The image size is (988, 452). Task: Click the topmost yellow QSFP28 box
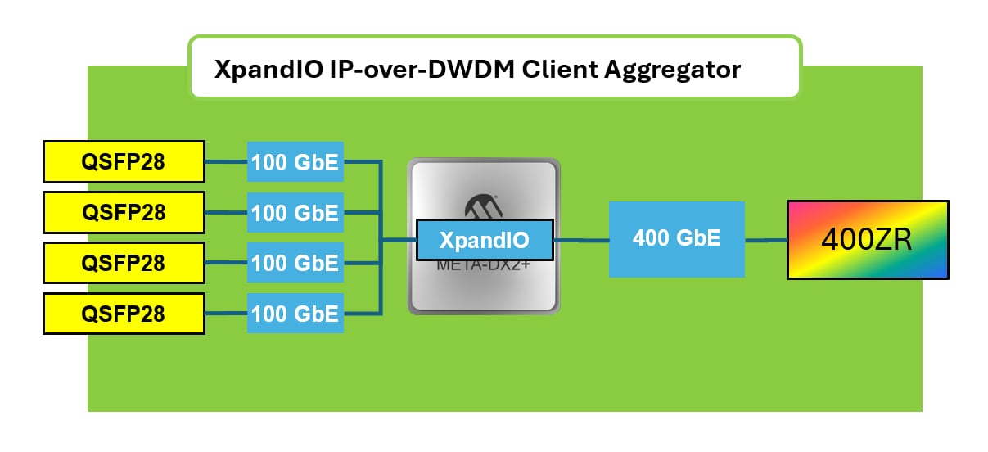(x=124, y=162)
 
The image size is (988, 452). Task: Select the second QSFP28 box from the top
(x=124, y=213)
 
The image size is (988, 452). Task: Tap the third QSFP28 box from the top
(x=124, y=264)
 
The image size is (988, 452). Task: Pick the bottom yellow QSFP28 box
(x=124, y=314)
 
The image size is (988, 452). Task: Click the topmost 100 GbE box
(x=295, y=162)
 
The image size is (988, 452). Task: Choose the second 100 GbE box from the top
(x=295, y=213)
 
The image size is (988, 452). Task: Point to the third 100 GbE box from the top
(x=295, y=264)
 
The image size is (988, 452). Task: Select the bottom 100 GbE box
(x=295, y=314)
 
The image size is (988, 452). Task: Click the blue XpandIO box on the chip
(x=485, y=240)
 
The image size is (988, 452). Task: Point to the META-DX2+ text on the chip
(x=484, y=265)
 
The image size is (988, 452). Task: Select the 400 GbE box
(x=677, y=239)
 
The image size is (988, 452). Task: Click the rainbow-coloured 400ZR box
(x=868, y=240)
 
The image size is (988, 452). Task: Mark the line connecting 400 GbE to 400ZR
(x=766, y=240)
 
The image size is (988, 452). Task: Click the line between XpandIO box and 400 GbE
(x=581, y=240)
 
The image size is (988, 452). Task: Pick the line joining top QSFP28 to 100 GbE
(x=226, y=162)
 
